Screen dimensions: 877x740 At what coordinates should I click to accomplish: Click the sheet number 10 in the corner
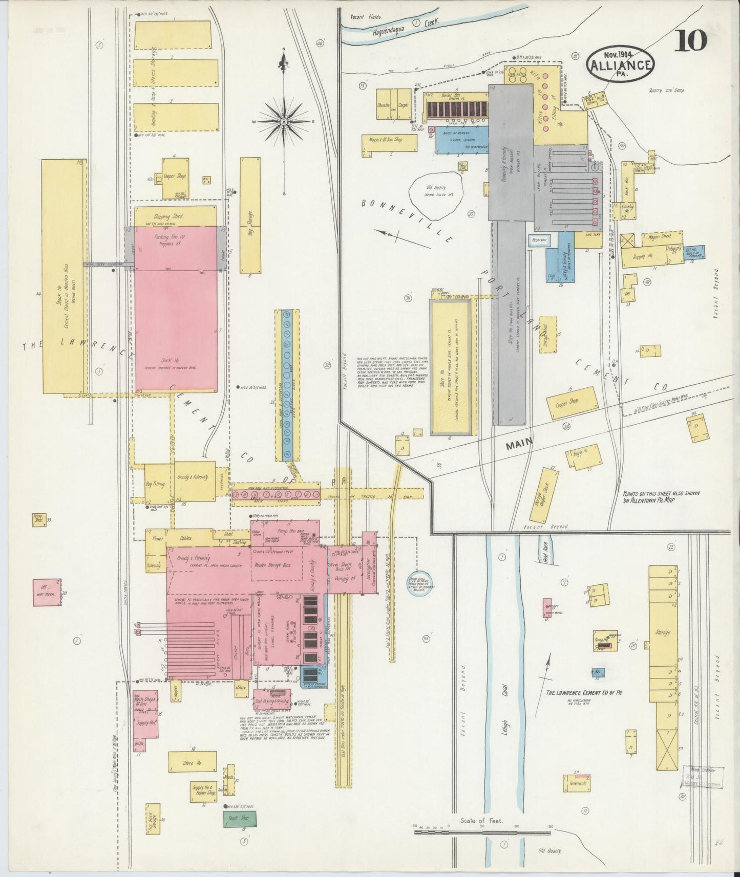pos(690,40)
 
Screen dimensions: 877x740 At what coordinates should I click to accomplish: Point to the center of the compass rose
pos(283,121)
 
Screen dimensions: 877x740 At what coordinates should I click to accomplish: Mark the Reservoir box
pos(540,239)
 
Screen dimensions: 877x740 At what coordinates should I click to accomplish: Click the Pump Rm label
pos(286,532)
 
